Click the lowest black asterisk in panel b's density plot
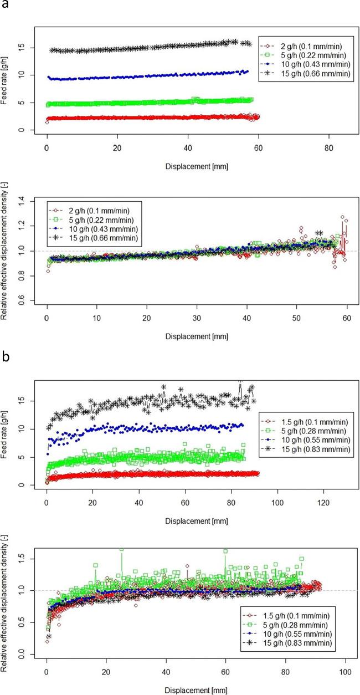(49, 636)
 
